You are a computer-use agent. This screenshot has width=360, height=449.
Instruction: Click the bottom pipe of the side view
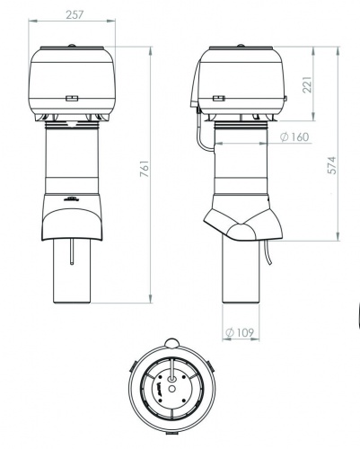coord(238,274)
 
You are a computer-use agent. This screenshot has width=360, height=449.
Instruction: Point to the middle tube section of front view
coord(74,162)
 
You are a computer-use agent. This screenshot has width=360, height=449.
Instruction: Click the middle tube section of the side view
coord(238,166)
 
